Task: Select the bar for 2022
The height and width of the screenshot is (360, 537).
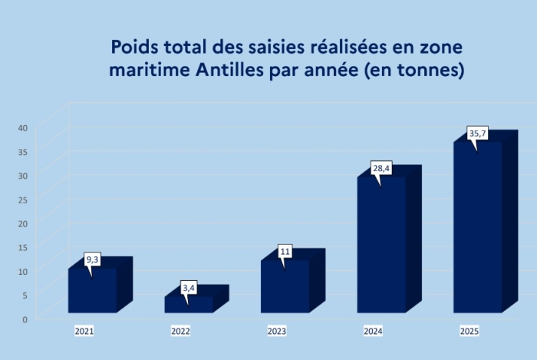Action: [189, 304]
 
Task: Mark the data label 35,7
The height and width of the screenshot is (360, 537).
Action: [478, 134]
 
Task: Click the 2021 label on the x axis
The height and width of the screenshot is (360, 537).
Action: [84, 332]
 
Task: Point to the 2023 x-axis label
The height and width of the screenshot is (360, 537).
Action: [277, 332]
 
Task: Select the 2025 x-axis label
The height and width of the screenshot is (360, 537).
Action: [469, 332]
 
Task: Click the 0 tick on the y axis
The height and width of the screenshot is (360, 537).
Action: [25, 319]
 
